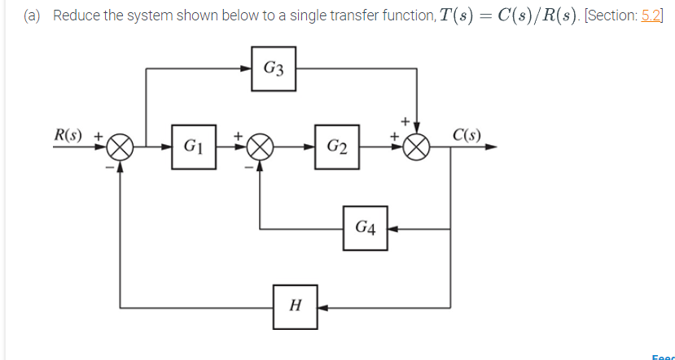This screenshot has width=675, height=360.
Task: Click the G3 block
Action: [274, 68]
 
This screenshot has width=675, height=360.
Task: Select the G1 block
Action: [193, 147]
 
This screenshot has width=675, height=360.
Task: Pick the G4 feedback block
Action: [365, 228]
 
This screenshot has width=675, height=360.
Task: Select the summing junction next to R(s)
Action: [121, 148]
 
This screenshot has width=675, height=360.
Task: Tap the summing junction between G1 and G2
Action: [260, 148]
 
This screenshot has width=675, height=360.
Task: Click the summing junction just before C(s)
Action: [417, 148]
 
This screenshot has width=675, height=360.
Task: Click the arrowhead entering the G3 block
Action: [248, 69]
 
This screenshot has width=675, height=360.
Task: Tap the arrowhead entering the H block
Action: [322, 307]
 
